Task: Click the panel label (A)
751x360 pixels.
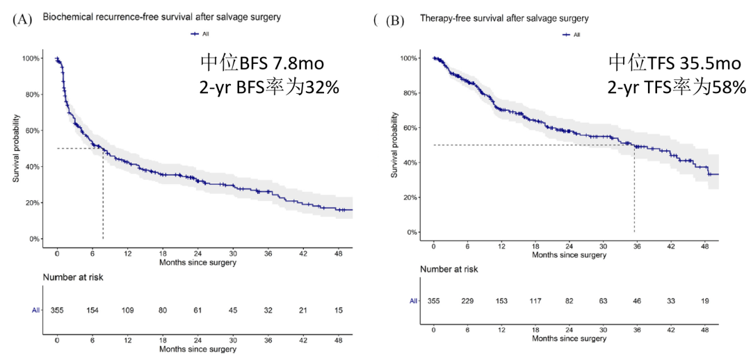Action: tap(22, 19)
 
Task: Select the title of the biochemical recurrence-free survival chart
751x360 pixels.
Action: tap(161, 17)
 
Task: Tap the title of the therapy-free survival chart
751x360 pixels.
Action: tap(504, 19)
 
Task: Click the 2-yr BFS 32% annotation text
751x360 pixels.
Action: tap(269, 87)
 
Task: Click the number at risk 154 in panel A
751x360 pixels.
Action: tap(92, 310)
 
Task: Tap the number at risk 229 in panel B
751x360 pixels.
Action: tap(467, 301)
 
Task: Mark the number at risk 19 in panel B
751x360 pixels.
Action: tap(704, 301)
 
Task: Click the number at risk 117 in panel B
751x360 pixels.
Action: tap(535, 301)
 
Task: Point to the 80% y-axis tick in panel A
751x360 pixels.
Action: tap(32, 95)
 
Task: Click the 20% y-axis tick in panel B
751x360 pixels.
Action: tap(408, 197)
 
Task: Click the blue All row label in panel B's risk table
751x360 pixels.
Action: tap(413, 301)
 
